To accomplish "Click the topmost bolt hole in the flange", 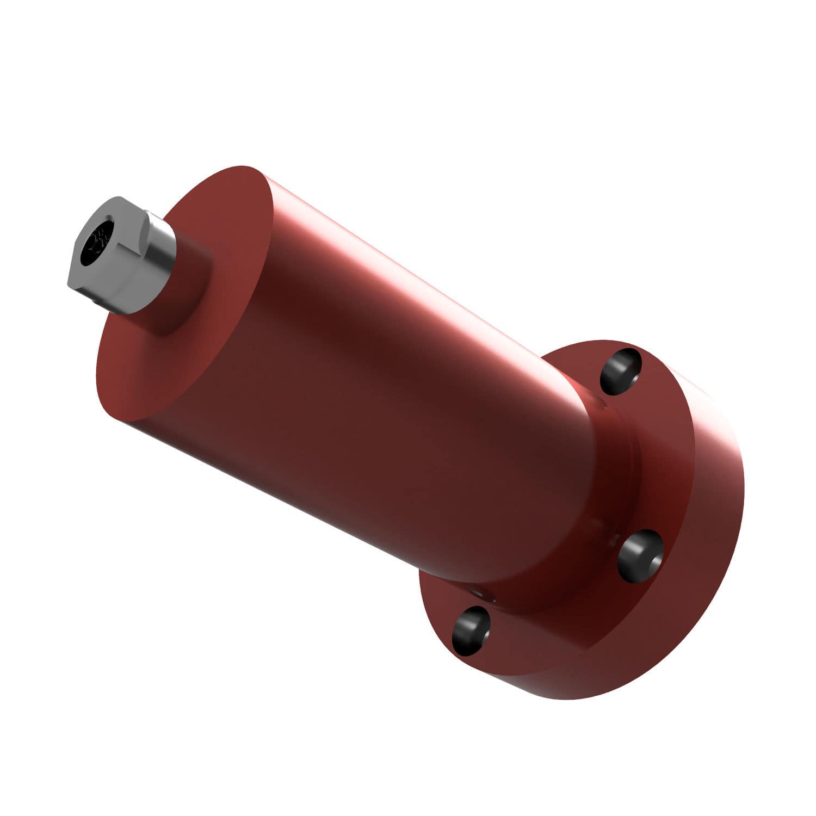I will pyautogui.click(x=620, y=371).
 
